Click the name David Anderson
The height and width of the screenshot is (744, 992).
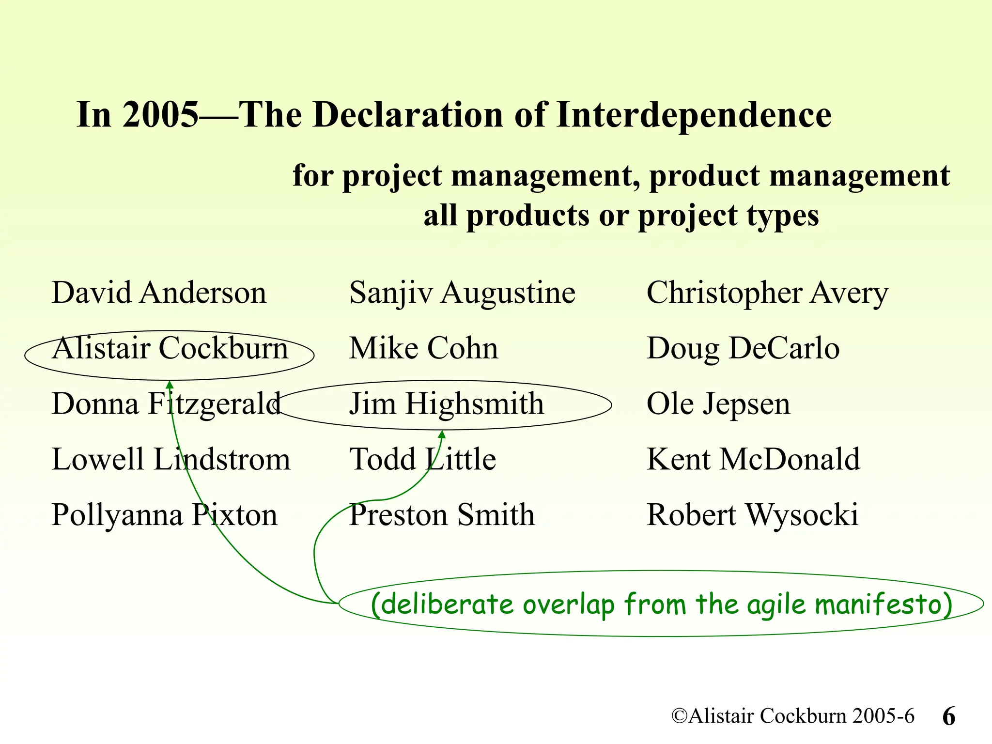click(159, 293)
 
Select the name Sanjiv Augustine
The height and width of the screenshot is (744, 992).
click(462, 293)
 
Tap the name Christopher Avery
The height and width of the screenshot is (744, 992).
click(767, 293)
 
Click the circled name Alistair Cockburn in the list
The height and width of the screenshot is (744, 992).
click(170, 348)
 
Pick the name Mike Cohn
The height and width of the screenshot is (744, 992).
click(423, 348)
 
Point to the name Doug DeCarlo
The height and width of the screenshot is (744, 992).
click(743, 348)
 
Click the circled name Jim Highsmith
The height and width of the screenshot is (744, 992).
click(447, 404)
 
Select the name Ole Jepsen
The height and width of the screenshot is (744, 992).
click(718, 404)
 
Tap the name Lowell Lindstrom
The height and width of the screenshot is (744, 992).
click(170, 459)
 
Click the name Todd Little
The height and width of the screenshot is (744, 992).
click(422, 459)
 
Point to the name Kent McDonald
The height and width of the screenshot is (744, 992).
click(753, 459)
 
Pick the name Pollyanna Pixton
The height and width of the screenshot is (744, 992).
click(165, 514)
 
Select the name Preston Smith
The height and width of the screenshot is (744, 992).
click(442, 514)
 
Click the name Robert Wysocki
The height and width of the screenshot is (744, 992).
click(752, 514)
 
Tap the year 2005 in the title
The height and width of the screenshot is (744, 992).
click(160, 115)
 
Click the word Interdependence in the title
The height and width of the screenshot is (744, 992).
click(694, 116)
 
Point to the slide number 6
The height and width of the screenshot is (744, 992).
click(949, 716)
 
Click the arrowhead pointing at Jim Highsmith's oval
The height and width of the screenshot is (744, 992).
click(442, 434)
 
